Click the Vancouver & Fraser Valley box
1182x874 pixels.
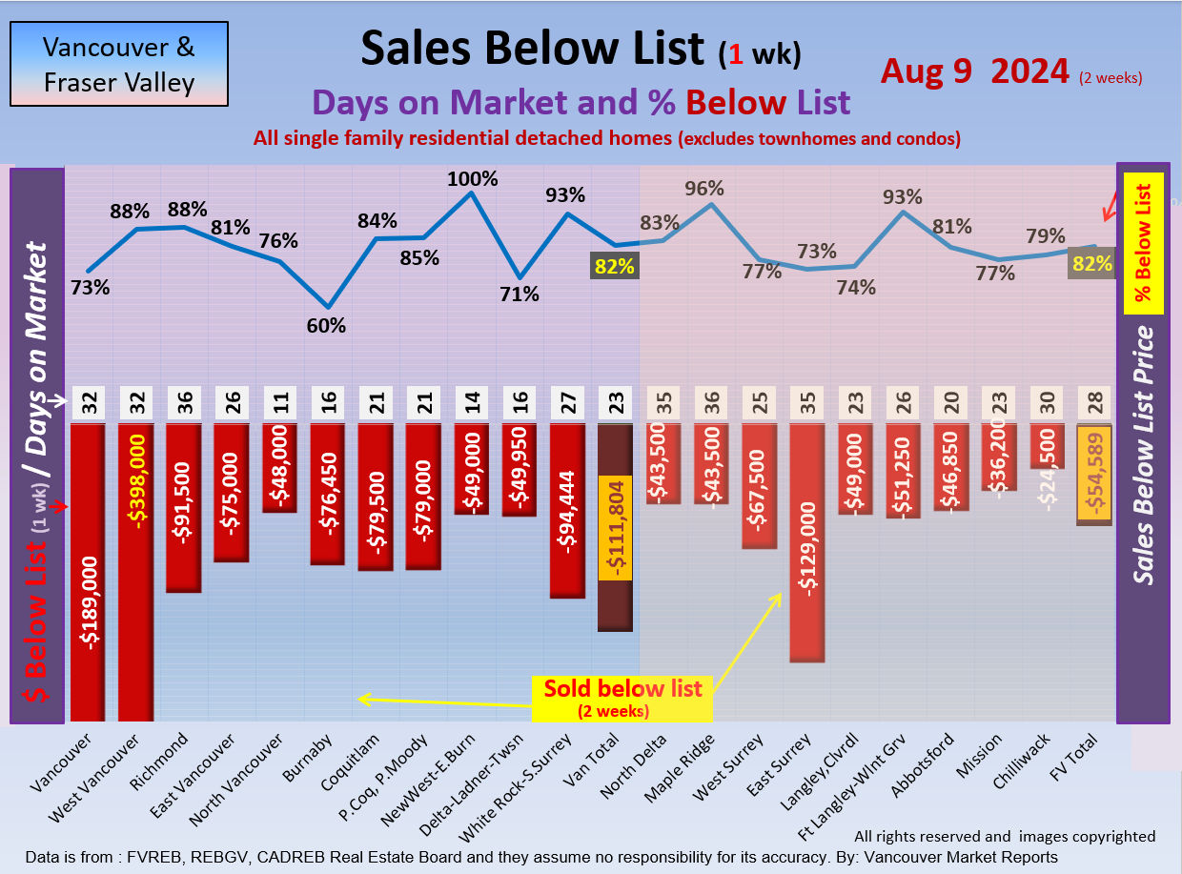coord(118,64)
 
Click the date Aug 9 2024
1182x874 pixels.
coord(974,71)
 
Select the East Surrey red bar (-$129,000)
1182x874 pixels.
coord(806,541)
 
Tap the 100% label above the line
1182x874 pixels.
coord(473,178)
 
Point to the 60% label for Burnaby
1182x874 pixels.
coord(326,325)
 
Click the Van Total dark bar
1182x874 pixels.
coord(615,527)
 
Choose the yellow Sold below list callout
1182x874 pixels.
coord(622,697)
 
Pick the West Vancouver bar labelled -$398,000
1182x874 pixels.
coord(135,572)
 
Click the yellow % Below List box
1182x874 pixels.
coord(1143,242)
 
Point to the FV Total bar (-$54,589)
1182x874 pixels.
coord(1094,474)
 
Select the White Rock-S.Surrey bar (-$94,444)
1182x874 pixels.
coord(567,510)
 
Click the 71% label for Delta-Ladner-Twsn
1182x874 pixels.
coord(520,294)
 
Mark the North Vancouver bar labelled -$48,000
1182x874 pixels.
coord(280,468)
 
